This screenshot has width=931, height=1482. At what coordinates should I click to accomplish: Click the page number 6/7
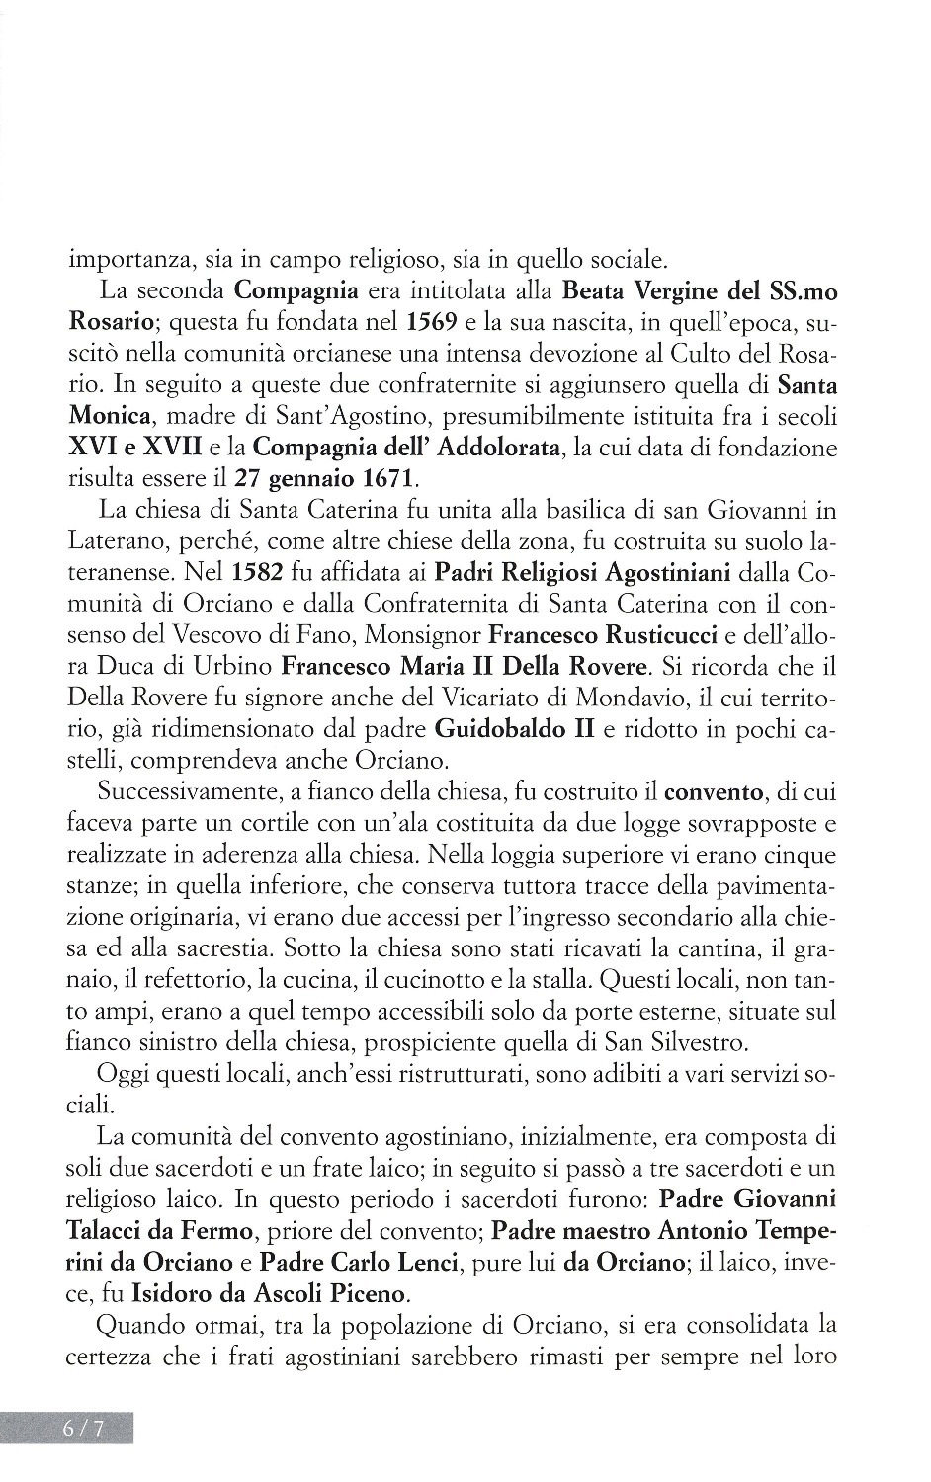tap(83, 1429)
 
